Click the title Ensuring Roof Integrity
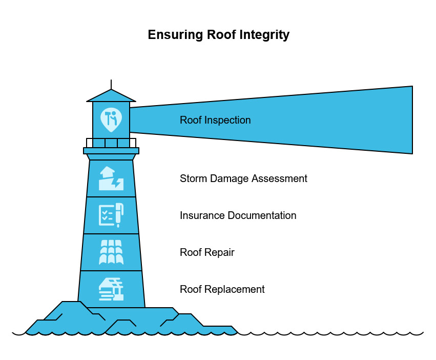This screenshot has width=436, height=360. (218, 35)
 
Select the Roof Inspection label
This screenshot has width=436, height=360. (215, 120)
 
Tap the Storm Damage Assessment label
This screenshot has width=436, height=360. (243, 178)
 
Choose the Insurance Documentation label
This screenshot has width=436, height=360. (238, 215)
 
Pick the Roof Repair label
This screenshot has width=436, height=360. (207, 252)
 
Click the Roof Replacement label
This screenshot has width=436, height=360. (222, 289)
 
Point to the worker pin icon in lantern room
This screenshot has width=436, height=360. (111, 119)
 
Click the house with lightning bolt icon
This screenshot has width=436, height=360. (111, 178)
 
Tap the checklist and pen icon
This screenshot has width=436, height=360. (111, 215)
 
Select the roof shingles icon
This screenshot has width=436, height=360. (111, 252)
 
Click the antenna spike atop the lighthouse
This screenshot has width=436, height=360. (111, 84)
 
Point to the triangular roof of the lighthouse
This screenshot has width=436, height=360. (111, 96)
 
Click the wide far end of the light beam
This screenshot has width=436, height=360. (405, 120)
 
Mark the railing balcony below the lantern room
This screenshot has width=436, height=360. (111, 143)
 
